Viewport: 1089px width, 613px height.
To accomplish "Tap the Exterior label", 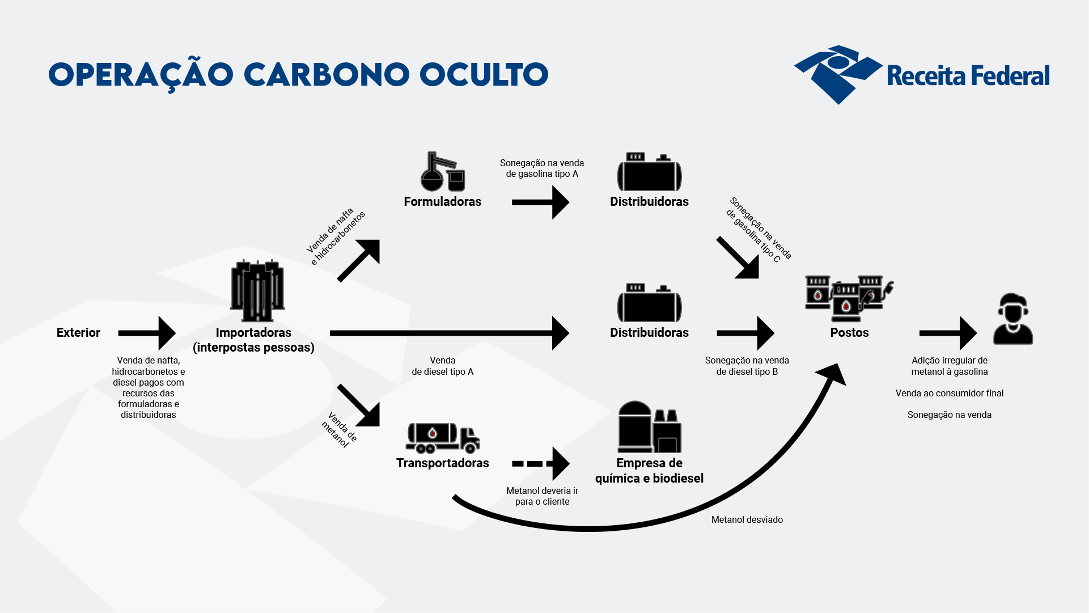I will (78, 333).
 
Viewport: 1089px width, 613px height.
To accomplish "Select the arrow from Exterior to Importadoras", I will (147, 333).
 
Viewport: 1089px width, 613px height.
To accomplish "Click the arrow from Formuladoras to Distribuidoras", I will (540, 202).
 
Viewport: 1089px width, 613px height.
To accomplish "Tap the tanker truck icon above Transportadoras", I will (443, 438).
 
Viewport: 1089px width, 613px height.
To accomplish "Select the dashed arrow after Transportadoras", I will (540, 463).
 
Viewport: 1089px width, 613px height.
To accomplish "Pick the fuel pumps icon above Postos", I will (849, 298).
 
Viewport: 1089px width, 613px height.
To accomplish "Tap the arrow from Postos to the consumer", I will (947, 333).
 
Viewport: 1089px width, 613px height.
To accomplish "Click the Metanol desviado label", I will (747, 520).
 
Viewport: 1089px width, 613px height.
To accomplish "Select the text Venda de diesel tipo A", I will (442, 366).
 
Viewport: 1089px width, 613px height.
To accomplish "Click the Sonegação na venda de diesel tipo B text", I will (747, 366).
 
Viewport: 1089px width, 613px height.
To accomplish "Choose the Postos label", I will (849, 333).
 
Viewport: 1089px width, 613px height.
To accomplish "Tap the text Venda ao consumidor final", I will (949, 394).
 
